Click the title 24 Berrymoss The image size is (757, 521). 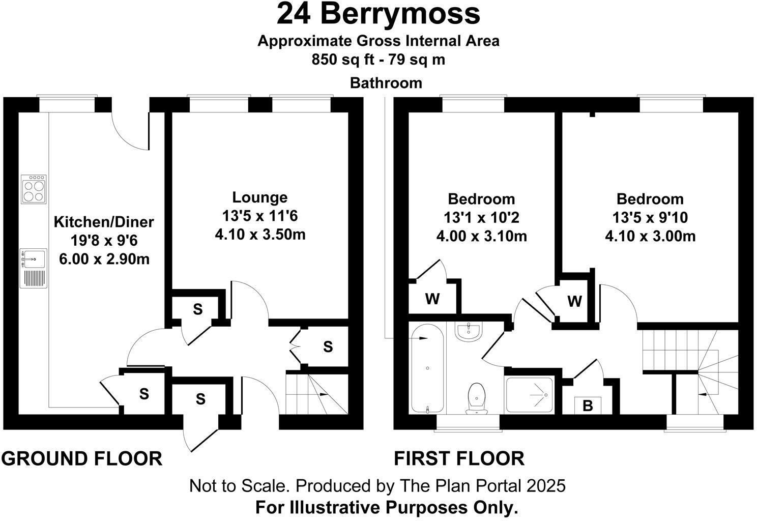tap(378, 14)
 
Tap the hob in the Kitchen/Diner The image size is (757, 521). tap(34, 189)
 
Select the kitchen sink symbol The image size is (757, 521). tap(34, 258)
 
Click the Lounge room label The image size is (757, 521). tap(259, 197)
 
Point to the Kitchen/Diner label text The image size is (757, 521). tap(104, 222)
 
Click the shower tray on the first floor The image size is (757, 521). tap(529, 395)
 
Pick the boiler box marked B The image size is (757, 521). tap(588, 406)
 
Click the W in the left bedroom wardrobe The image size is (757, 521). tap(432, 299)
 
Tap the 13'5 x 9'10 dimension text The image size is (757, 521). tap(650, 218)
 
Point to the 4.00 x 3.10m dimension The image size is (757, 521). tap(481, 237)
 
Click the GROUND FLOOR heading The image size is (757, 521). tap(81, 458)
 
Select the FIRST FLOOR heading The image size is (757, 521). tap(459, 458)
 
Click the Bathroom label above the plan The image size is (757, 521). tap(386, 83)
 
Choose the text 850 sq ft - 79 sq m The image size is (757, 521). tap(378, 60)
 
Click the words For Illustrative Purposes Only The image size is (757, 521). tap(386, 507)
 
